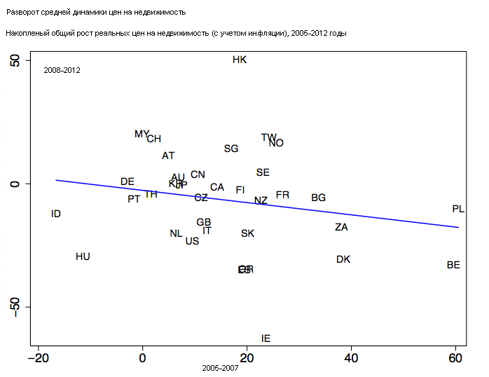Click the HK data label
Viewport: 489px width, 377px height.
click(x=240, y=60)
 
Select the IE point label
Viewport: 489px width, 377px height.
click(x=266, y=338)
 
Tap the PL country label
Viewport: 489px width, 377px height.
click(x=458, y=209)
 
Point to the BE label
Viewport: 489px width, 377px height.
click(x=453, y=265)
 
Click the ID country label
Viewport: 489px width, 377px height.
click(x=56, y=214)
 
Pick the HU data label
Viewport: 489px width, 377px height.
click(x=83, y=256)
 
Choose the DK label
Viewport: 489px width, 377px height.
click(x=343, y=259)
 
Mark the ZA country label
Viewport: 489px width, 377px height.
click(x=341, y=227)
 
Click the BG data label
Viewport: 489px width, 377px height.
click(x=318, y=198)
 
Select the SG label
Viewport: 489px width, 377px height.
click(x=231, y=149)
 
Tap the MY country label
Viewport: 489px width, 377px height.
click(x=142, y=134)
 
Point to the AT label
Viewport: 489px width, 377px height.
click(x=168, y=156)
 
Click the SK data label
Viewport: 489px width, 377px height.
click(x=247, y=233)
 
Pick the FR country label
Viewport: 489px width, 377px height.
click(x=282, y=195)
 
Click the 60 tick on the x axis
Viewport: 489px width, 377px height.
click(x=455, y=358)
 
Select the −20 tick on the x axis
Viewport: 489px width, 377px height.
click(x=38, y=358)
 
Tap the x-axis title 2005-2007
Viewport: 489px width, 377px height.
click(x=220, y=368)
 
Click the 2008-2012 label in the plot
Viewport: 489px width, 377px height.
click(x=62, y=70)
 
